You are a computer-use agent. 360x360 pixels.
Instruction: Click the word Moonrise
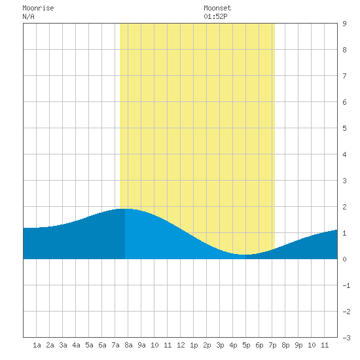(x=38, y=8)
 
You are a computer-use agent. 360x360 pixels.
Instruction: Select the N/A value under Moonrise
(x=28, y=16)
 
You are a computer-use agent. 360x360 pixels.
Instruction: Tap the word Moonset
(x=217, y=8)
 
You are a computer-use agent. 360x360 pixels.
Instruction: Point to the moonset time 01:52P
(x=215, y=16)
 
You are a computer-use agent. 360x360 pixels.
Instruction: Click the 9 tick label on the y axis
(x=344, y=24)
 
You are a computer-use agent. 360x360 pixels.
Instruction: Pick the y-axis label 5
(x=344, y=128)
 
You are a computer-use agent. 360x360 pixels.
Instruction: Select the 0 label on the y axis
(x=344, y=259)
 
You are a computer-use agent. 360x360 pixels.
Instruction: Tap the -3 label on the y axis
(x=346, y=338)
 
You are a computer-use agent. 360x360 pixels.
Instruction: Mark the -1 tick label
(x=346, y=285)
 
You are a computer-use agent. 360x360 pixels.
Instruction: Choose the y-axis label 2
(x=344, y=207)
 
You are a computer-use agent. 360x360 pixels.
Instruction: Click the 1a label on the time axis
(x=37, y=345)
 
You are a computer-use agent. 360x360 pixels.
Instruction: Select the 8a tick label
(x=128, y=345)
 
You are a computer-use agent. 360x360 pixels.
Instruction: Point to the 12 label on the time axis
(x=181, y=345)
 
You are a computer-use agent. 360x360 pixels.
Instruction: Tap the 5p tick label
(x=246, y=345)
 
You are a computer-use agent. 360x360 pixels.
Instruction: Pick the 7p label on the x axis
(x=272, y=345)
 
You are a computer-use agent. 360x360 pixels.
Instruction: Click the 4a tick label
(x=76, y=345)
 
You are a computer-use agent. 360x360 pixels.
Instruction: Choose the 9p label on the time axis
(x=298, y=345)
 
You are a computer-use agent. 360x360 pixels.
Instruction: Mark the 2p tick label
(x=207, y=345)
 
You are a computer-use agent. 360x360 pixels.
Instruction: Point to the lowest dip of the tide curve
(x=245, y=255)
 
